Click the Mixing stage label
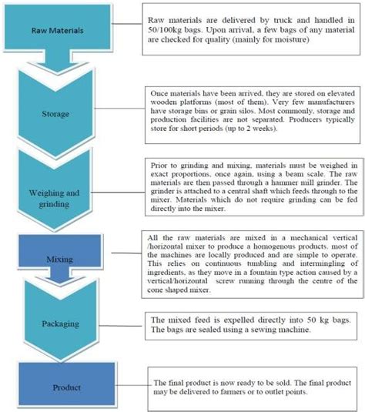pos(45,250)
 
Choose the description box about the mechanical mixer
pos(253,254)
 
